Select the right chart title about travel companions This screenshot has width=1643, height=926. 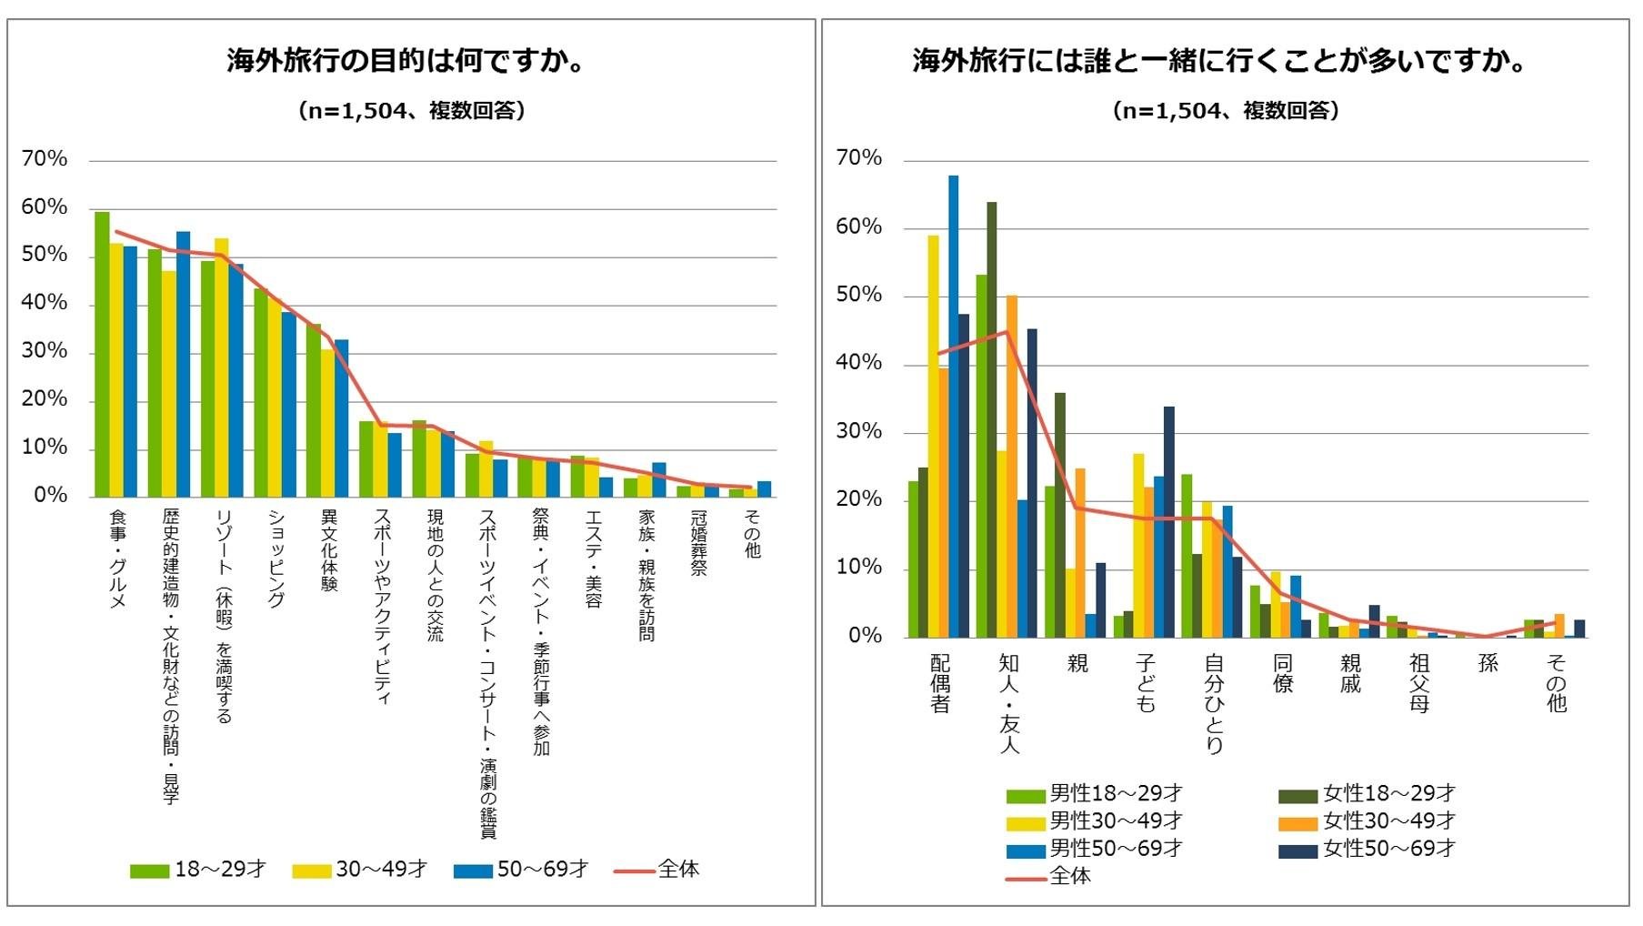pyautogui.click(x=1223, y=62)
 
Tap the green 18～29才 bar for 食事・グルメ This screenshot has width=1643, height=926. pyautogui.click(x=102, y=355)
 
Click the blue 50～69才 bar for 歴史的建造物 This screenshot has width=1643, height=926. pyautogui.click(x=183, y=364)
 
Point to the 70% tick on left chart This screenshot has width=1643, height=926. pyautogui.click(x=45, y=159)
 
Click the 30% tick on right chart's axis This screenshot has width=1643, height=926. pyautogui.click(x=859, y=431)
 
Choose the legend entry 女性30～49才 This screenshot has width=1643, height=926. pyautogui.click(x=1367, y=821)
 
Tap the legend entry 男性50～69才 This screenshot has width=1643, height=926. pyautogui.click(x=1095, y=849)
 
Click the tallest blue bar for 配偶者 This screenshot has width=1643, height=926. pyautogui.click(x=953, y=407)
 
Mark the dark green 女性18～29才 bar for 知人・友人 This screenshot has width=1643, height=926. pyautogui.click(x=991, y=419)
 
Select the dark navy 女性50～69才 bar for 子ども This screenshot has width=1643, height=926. pyautogui.click(x=1168, y=522)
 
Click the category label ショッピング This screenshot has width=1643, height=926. pyautogui.click(x=276, y=558)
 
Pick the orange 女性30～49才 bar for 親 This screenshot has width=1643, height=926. pyautogui.click(x=1080, y=553)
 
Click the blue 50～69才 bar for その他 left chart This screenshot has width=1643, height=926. pyautogui.click(x=765, y=489)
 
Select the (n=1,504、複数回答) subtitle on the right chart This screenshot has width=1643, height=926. pyautogui.click(x=1225, y=111)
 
